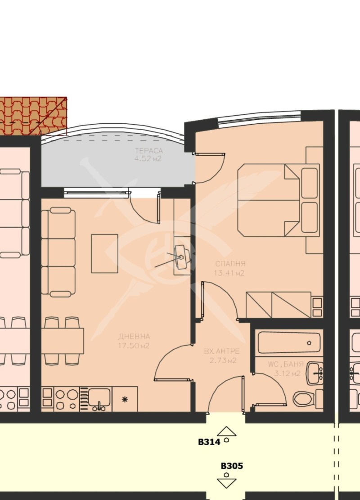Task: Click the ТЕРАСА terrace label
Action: coord(148,151)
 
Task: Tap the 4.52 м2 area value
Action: coord(148,158)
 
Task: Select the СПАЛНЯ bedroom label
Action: coord(230,264)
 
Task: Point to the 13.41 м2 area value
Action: coord(230,273)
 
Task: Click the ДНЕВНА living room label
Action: coord(134,337)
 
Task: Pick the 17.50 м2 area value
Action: coord(134,346)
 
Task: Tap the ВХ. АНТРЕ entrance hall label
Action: coord(221,351)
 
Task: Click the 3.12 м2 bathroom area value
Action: coord(287,374)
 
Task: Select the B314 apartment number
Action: coord(209,442)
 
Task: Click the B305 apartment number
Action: coord(232,466)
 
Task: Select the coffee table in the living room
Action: coord(105,253)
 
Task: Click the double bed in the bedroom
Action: coord(270,200)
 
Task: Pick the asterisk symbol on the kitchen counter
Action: coord(126,399)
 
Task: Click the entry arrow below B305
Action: coord(226,482)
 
